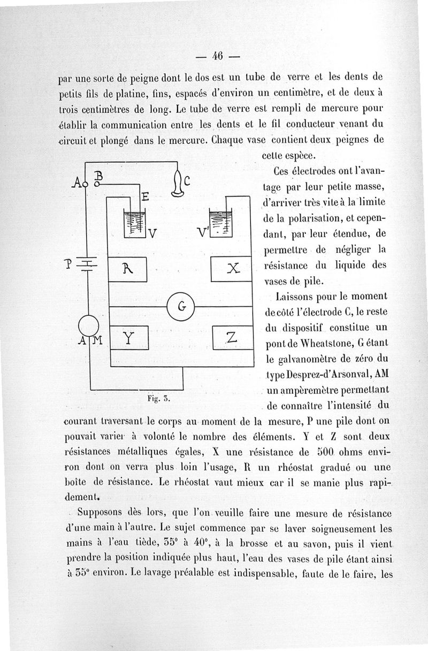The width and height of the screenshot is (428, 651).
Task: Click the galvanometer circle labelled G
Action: [181, 307]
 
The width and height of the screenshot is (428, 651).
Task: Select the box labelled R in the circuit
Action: [128, 269]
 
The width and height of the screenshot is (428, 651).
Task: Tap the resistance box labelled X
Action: [232, 269]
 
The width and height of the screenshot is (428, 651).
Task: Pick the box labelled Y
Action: [128, 337]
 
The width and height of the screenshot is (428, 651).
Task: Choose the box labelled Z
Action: [232, 337]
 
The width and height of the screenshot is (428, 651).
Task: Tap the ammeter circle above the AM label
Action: [88, 325]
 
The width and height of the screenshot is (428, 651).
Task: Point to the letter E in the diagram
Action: [144, 198]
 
